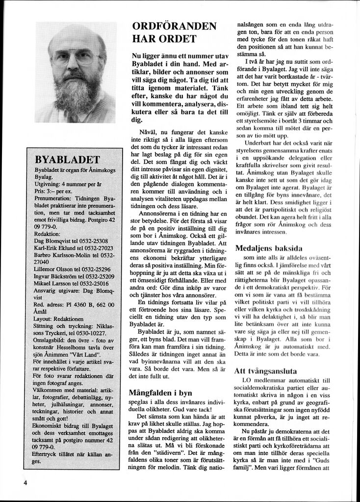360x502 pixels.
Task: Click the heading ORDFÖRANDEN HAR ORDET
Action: pos(174,32)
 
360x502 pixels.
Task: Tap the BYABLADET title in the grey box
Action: pos(67,159)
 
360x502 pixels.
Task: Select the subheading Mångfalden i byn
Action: pos(160,393)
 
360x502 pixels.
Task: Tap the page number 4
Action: pos(25,482)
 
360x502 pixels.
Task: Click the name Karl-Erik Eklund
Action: pos(55,248)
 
